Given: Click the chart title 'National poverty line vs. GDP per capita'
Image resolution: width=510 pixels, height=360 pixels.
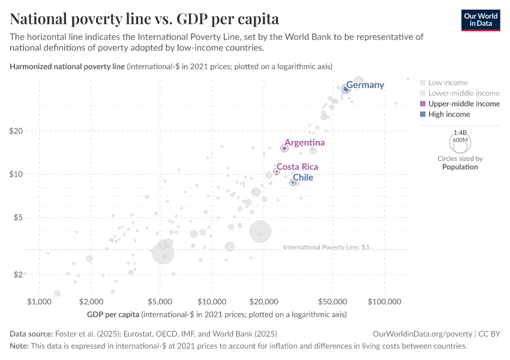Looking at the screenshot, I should click(x=144, y=19).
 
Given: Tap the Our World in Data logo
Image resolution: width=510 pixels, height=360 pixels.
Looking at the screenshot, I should click(x=480, y=20).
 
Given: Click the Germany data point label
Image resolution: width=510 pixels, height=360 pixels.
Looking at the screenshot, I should click(x=365, y=85).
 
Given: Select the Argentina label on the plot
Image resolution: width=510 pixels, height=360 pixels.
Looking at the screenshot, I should click(x=304, y=143).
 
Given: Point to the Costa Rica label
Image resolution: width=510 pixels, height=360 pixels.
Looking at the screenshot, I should click(x=297, y=167).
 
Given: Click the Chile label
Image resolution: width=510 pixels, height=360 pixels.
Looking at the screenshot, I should click(x=302, y=178).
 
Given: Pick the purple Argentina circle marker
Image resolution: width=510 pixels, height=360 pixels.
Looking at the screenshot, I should click(x=284, y=148).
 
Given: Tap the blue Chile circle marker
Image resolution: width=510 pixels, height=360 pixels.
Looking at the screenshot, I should click(x=293, y=182).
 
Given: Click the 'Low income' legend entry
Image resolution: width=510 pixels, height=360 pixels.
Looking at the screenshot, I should click(x=448, y=83).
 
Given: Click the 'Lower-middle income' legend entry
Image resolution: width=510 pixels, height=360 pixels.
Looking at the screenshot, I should click(x=463, y=93).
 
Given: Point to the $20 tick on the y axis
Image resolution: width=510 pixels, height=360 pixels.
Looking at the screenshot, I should click(x=15, y=131).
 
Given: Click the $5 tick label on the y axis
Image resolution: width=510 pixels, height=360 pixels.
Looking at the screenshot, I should click(x=17, y=217).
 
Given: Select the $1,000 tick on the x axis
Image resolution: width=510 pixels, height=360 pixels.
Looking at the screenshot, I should click(x=39, y=300).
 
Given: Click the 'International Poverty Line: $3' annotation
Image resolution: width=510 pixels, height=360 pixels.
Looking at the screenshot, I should click(x=325, y=247).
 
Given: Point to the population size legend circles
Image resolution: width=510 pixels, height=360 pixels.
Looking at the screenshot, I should click(x=460, y=142).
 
